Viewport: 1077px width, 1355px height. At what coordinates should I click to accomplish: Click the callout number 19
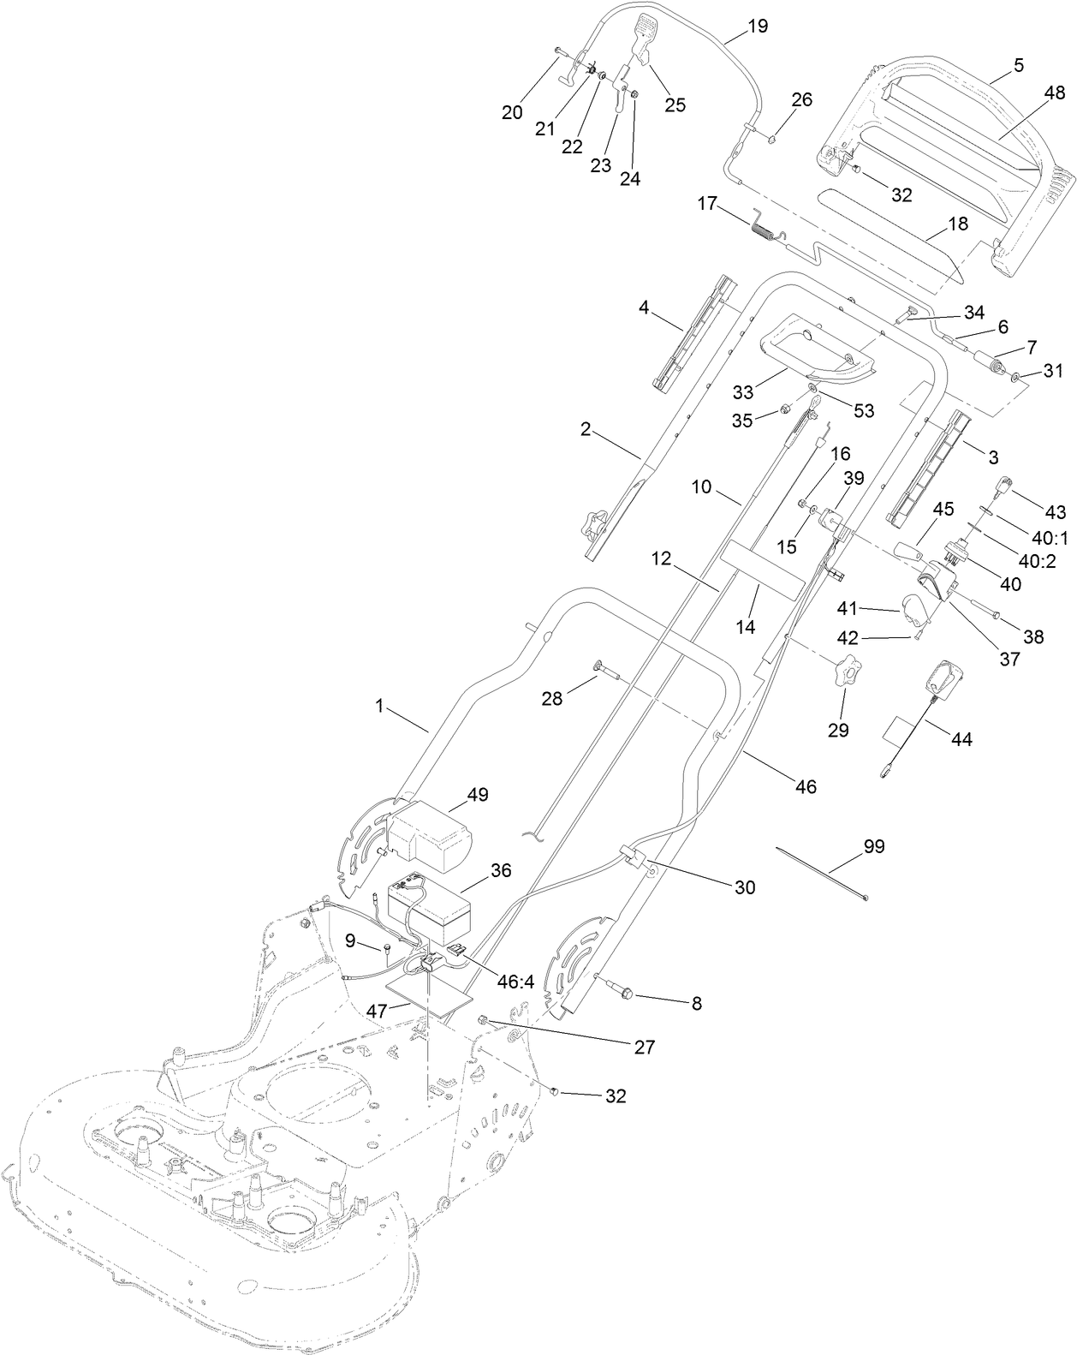point(757,27)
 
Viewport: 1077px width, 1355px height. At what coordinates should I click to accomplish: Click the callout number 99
point(874,847)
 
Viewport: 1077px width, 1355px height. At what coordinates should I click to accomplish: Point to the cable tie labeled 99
point(822,872)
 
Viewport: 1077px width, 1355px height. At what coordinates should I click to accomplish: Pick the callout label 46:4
point(516,982)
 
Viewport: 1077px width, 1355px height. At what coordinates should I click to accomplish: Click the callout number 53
point(864,411)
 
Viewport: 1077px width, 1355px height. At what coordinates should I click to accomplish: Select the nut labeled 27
point(483,1021)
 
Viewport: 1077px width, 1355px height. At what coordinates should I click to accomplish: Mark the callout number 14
point(746,627)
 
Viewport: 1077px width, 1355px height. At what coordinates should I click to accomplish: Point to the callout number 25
point(675,104)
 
